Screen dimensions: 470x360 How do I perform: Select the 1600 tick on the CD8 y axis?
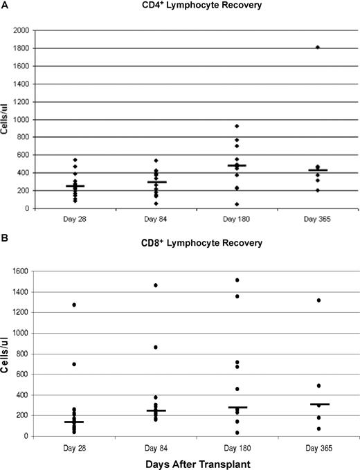(20, 271)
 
